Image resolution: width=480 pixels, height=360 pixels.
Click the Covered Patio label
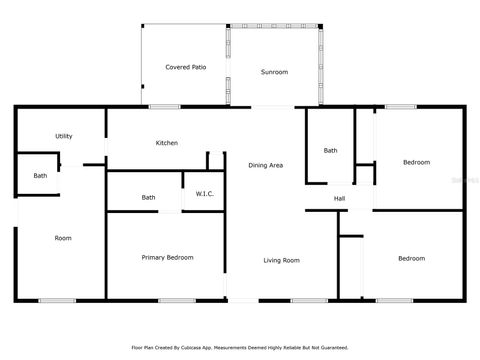[185, 66]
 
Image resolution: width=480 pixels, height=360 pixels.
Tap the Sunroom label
[274, 73]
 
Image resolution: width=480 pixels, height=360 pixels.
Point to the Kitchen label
[166, 143]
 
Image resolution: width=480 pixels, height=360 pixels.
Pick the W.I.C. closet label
[204, 193]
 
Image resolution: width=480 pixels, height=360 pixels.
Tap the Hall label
[339, 198]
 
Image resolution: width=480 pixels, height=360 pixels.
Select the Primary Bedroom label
[166, 257]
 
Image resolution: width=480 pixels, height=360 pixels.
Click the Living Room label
[281, 261]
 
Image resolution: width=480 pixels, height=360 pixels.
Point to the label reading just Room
[63, 238]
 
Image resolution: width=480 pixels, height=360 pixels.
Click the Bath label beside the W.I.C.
[148, 197]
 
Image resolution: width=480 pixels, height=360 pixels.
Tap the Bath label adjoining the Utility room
[40, 176]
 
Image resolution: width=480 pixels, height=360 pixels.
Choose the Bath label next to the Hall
[330, 151]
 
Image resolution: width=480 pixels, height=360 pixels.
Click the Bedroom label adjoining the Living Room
[411, 258]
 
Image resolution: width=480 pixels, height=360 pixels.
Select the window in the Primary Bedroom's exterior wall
[176, 300]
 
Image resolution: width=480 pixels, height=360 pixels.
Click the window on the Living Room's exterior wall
[302, 300]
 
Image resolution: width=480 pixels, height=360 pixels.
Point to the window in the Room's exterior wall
[56, 300]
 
